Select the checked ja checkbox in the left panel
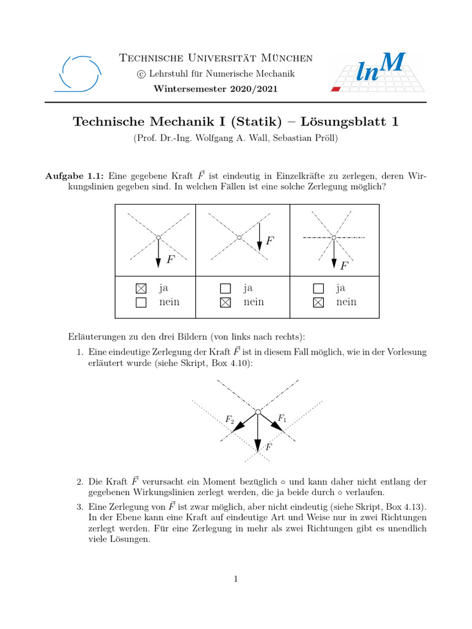pyautogui.click(x=141, y=287)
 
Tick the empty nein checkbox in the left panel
pyautogui.click(x=141, y=302)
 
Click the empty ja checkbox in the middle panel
pyautogui.click(x=225, y=287)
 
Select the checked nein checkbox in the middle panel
pyautogui.click(x=225, y=302)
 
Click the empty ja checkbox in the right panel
pyautogui.click(x=318, y=287)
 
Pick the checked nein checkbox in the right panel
pyautogui.click(x=318, y=302)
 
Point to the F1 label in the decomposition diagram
pyautogui.click(x=282, y=418)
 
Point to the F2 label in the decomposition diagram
pyautogui.click(x=230, y=420)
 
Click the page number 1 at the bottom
pyautogui.click(x=235, y=579)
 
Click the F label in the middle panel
pyautogui.click(x=269, y=241)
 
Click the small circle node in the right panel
pyautogui.click(x=333, y=237)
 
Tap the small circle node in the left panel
pyautogui.click(x=158, y=237)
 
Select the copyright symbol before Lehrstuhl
pyautogui.click(x=141, y=74)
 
